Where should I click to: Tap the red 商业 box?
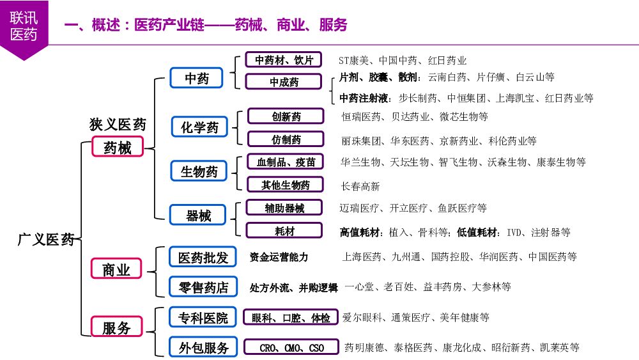point(116,270)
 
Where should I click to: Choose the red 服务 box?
point(116,328)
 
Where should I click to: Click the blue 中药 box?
point(197,79)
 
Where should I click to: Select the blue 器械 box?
point(198,216)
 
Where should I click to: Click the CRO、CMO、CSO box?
point(291,348)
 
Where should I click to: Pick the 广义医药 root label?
point(45,240)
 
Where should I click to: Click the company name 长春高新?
point(360,187)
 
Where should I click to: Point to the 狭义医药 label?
point(118,124)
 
